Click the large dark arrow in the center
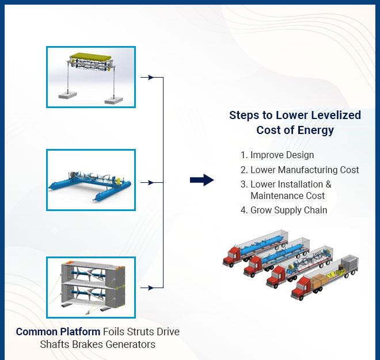[202, 181]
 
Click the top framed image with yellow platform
[91, 77]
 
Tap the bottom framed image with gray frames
[91, 288]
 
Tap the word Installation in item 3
[299, 184]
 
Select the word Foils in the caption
[115, 332]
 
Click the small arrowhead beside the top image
[150, 77]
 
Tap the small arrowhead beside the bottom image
[150, 287]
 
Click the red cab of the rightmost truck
[300, 290]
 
